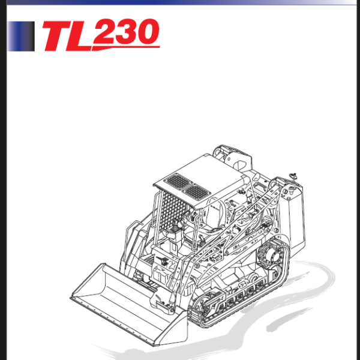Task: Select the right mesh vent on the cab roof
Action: point(196,191)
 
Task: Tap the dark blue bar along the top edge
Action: point(180,2)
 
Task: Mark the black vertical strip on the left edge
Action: point(2,180)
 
